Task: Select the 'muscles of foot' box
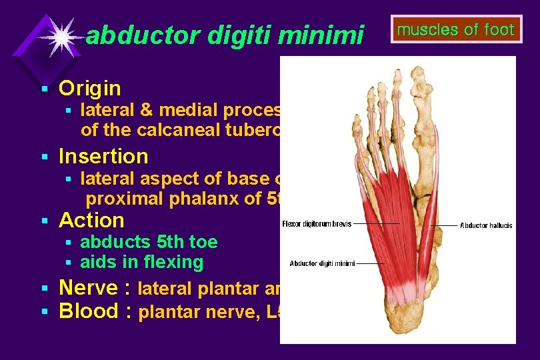(x=456, y=30)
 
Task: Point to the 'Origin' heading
(x=90, y=88)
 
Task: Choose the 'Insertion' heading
(x=103, y=156)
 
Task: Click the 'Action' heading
(x=91, y=220)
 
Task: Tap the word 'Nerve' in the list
(x=91, y=288)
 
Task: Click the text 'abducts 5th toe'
(x=149, y=241)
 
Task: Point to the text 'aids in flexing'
(x=141, y=262)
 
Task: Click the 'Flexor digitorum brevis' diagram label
(x=316, y=224)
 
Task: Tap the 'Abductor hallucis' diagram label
(x=486, y=225)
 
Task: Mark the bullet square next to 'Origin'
(x=45, y=89)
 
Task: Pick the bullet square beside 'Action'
(x=45, y=221)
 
